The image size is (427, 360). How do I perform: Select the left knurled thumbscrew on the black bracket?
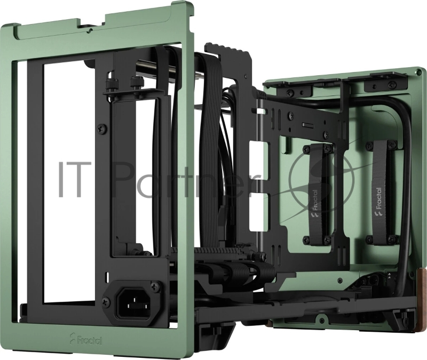(114, 84)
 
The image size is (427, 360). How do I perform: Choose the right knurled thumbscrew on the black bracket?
(135, 82)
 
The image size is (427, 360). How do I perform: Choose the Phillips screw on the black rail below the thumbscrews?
(101, 128)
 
